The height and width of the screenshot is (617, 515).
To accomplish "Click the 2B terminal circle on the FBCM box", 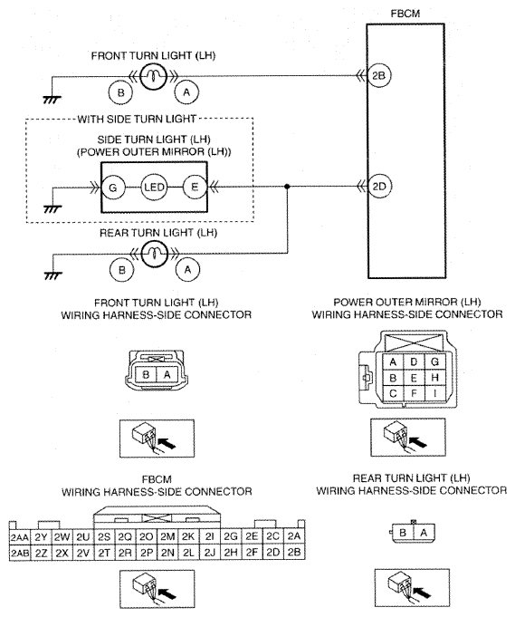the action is [378, 75].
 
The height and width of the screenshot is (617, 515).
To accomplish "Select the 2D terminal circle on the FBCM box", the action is [378, 186].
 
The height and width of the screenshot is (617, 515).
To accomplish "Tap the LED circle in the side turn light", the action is [154, 187].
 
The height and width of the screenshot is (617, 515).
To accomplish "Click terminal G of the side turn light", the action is [113, 188].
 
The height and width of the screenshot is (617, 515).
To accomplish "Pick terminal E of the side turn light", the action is [195, 187].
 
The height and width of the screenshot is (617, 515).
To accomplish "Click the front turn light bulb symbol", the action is [154, 76].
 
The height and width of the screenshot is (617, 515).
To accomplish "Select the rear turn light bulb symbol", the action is [155, 254].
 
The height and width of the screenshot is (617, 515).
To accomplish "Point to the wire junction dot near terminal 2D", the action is [287, 186].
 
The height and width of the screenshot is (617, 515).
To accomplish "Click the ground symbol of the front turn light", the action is [52, 99].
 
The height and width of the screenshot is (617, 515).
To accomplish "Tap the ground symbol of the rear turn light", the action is [52, 275].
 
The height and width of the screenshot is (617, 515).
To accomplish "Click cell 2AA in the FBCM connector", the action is [20, 537].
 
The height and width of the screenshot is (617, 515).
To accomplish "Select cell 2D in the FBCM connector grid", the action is [272, 553].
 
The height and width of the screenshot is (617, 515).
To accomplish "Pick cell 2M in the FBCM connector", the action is [167, 537].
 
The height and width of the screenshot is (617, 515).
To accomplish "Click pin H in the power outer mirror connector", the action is [434, 378].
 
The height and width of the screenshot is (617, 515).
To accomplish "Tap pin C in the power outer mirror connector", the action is [393, 393].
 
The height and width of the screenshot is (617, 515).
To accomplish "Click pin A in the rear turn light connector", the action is [424, 533].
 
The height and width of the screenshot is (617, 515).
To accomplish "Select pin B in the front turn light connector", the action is [146, 374].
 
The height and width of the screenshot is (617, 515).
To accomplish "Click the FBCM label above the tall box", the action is [405, 14].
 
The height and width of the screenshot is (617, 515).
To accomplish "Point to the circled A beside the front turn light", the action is [186, 92].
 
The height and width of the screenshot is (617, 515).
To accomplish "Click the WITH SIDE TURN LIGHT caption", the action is [137, 119].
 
